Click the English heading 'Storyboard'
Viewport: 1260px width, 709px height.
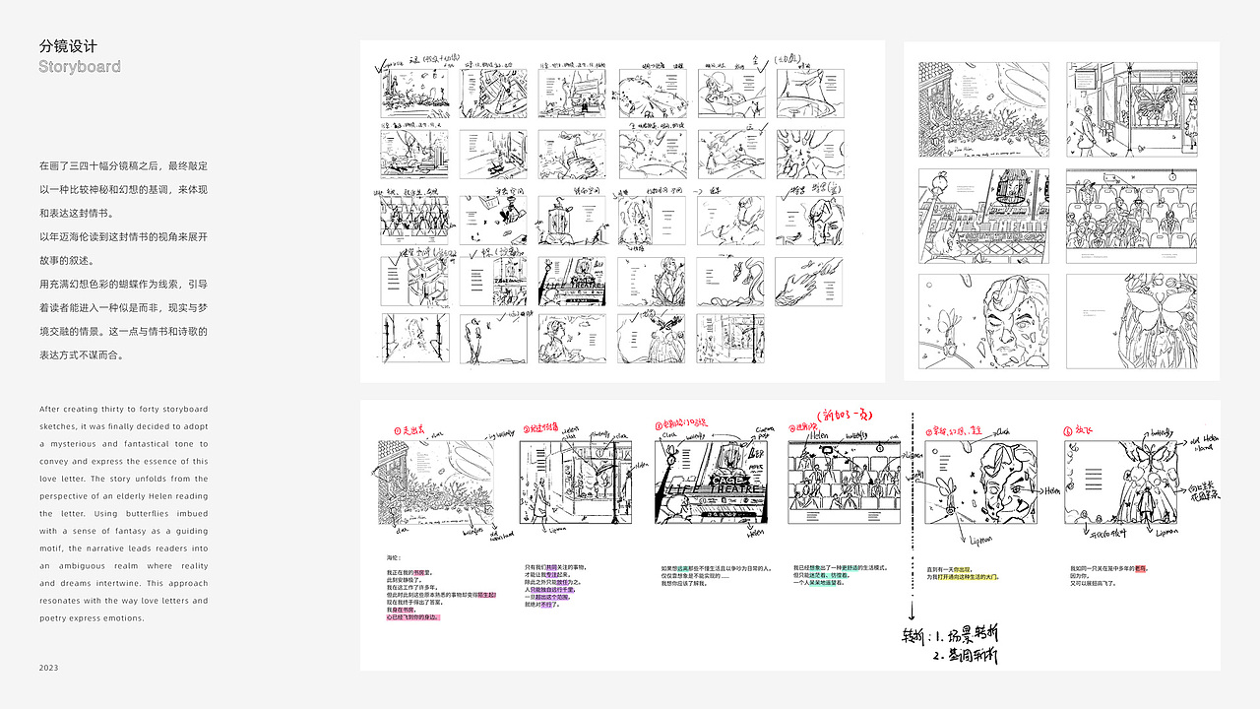[x=80, y=67]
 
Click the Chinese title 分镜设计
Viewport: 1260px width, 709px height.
[x=68, y=46]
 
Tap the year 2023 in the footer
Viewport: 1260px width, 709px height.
[x=49, y=668]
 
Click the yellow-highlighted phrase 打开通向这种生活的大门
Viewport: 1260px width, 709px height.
[x=961, y=577]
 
